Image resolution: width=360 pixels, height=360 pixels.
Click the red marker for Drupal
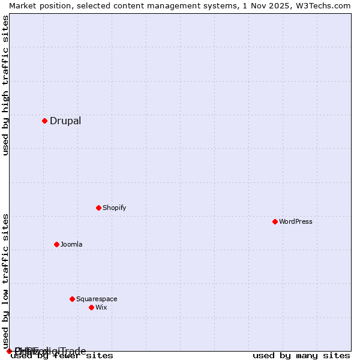44,121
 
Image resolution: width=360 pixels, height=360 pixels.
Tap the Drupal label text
65,121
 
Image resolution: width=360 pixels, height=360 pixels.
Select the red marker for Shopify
98,208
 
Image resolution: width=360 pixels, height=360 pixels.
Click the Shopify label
114,208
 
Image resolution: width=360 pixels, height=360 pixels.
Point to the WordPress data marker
275,221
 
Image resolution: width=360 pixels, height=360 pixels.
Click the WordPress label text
295,221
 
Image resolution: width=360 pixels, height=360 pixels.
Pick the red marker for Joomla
56,244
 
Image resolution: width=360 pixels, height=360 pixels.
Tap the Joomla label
71,244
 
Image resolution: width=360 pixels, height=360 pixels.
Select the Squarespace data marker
72,299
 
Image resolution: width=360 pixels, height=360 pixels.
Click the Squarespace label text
97,299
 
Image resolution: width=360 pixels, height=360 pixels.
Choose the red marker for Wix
91,307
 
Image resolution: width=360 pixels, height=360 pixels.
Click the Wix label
101,307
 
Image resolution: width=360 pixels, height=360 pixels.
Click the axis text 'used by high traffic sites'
5,85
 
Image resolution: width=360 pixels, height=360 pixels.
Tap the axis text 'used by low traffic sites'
5,281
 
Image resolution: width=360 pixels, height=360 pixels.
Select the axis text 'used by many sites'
301,356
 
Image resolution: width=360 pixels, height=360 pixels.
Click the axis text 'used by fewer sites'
62,356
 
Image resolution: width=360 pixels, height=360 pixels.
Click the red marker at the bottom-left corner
9,351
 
